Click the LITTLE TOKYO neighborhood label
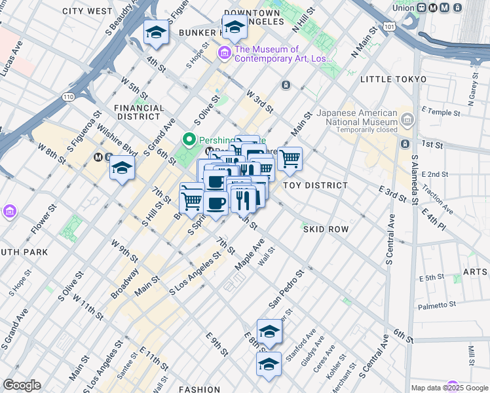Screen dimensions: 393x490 pos(393,79)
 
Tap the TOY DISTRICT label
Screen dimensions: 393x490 pos(315,185)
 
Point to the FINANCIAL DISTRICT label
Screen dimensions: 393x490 pos(138,112)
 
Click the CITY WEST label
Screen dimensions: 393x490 pos(87,11)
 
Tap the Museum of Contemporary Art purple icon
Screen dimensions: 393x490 pos(225,53)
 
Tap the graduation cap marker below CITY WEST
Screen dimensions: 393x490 pos(156,32)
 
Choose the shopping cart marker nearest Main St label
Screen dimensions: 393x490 pos(290,158)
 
